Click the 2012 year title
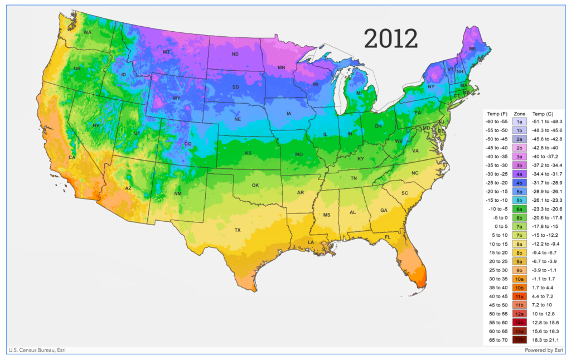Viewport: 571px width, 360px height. tap(390, 38)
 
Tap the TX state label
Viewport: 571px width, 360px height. tap(238, 230)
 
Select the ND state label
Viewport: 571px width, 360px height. tap(235, 54)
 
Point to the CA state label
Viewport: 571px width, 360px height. tap(71, 158)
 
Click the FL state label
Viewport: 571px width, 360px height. tap(388, 237)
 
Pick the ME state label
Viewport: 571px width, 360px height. tap(472, 49)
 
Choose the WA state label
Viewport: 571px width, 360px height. tap(88, 32)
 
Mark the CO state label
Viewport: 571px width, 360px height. tap(188, 144)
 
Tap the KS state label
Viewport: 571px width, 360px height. tap(248, 153)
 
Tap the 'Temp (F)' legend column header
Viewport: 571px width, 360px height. tap(496, 113)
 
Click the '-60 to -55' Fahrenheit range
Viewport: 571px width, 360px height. tap(497, 121)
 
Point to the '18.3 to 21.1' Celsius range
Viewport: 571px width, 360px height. tap(546, 339)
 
